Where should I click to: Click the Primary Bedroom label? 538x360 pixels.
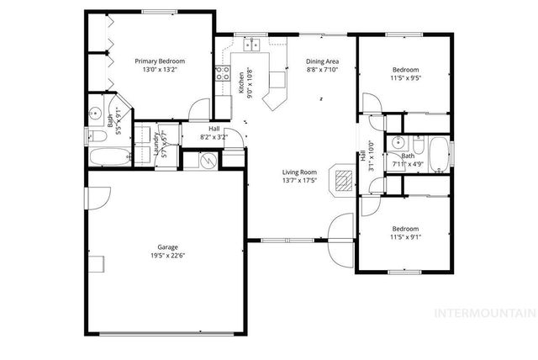pos(160,61)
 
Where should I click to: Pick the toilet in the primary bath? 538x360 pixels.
pos(95,136)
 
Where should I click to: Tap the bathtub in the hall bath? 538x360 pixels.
pos(438,155)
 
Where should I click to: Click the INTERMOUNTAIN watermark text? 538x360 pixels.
pos(483,313)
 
